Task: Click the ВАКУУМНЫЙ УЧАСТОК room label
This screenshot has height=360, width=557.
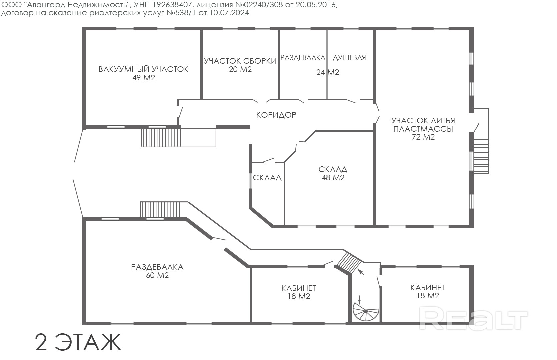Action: click(143, 69)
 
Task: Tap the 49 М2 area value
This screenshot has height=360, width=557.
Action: click(143, 78)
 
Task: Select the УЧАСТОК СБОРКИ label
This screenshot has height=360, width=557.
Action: click(240, 61)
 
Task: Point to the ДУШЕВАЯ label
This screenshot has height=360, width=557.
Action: click(349, 57)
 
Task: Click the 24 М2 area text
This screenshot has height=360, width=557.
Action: click(327, 72)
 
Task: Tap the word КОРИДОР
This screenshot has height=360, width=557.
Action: click(276, 115)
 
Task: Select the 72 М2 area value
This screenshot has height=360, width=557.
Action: click(423, 137)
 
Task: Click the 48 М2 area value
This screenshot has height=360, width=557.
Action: click(333, 178)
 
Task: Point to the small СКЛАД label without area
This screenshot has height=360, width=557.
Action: click(267, 178)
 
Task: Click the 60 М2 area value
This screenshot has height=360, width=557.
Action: click(157, 275)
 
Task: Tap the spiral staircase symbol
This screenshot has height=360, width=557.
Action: click(366, 311)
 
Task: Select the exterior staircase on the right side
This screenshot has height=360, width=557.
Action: click(481, 156)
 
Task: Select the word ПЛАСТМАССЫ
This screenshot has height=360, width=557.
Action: click(423, 129)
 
